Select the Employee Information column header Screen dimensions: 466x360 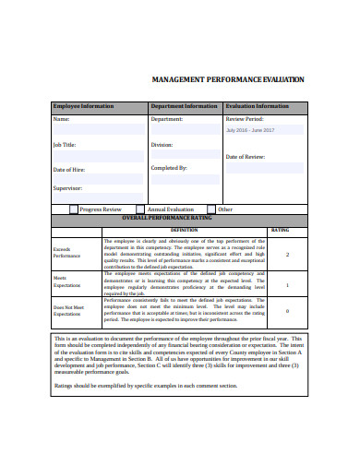[x=83, y=106]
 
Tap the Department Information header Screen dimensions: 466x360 [x=184, y=106]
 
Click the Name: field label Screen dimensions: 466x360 [x=61, y=119]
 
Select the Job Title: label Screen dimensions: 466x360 [x=65, y=145]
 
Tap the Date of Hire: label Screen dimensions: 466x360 [x=69, y=170]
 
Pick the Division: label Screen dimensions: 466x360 [x=162, y=145]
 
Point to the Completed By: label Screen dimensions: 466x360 [x=169, y=168]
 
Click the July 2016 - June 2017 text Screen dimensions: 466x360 [x=251, y=130]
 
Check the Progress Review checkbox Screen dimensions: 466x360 [x=74, y=209]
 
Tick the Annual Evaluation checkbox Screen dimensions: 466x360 [x=141, y=209]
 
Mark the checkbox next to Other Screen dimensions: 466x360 [x=211, y=209]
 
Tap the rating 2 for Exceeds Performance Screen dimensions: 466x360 [x=287, y=255]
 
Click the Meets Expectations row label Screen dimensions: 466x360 [x=66, y=281]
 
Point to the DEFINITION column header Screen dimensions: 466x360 [x=184, y=230]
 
